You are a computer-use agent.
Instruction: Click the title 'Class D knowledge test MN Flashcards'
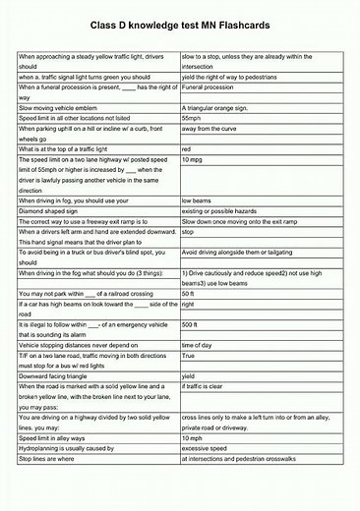coord(180,22)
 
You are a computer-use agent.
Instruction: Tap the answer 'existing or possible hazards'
coord(225,210)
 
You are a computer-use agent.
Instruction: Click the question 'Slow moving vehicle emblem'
coord(61,106)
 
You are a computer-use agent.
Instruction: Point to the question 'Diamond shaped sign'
coord(49,210)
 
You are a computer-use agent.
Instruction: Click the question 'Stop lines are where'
coord(52,459)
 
